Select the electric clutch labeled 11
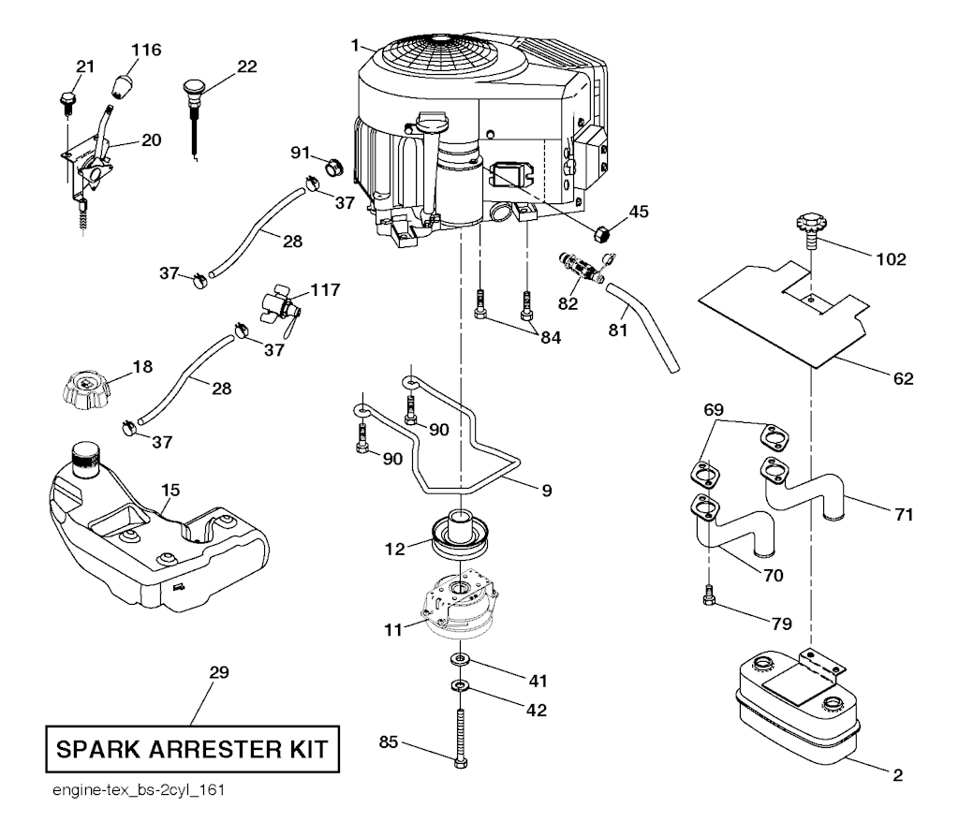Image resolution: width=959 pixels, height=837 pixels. click(462, 605)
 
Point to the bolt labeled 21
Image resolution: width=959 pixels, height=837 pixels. click(66, 97)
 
